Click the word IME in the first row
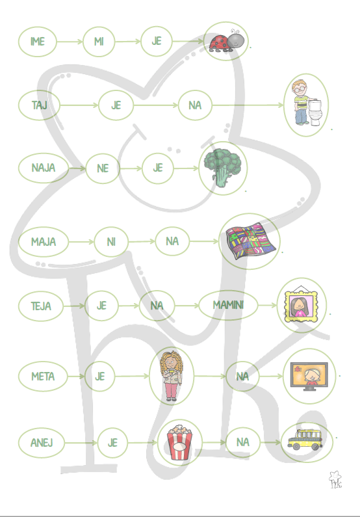point(37,42)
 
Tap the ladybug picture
point(227,41)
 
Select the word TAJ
point(39,105)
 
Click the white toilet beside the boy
point(315,113)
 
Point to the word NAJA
point(43,168)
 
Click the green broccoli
point(222,168)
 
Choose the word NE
point(103,168)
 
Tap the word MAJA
point(44,242)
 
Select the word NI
point(111,242)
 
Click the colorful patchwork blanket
point(250,241)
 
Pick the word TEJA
point(41,306)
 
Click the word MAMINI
point(228,305)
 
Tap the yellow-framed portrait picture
point(301,304)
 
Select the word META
point(43,377)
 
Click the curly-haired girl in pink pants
point(171,376)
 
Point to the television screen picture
point(309,376)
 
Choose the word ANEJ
point(42,442)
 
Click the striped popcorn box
point(179,442)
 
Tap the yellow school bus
point(305,440)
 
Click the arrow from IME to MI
point(70,42)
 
